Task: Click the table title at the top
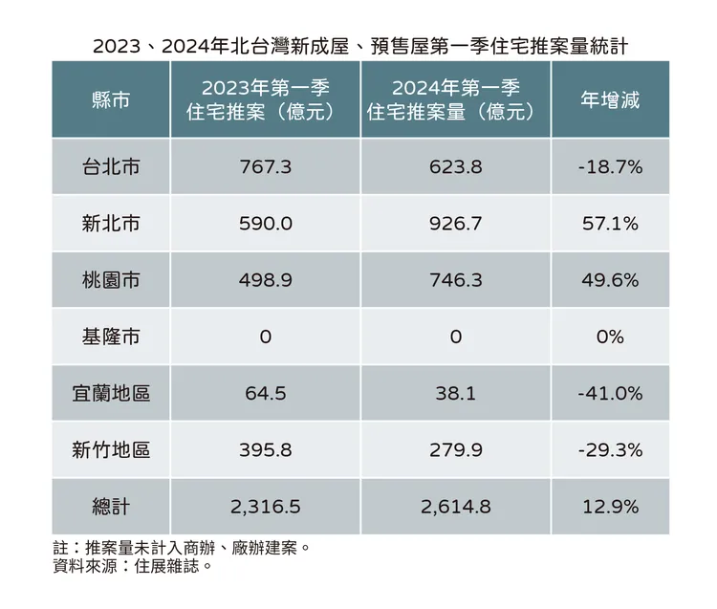coord(359,45)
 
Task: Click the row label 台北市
coord(111,166)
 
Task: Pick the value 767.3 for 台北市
coord(265,166)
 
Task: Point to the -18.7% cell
coord(610,166)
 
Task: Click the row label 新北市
coord(111,223)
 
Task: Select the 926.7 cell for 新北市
coord(455,223)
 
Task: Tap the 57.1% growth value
coord(610,223)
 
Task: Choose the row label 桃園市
coord(111,279)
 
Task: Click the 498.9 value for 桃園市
coord(265,279)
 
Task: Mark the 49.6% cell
coord(610,279)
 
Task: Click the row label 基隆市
coord(111,337)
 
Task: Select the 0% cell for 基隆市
coord(610,337)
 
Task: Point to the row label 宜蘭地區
coord(111,393)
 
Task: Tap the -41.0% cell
coord(610,393)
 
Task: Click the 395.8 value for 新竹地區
coord(265,449)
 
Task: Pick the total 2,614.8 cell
coord(455,507)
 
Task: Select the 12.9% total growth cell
coord(610,507)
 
